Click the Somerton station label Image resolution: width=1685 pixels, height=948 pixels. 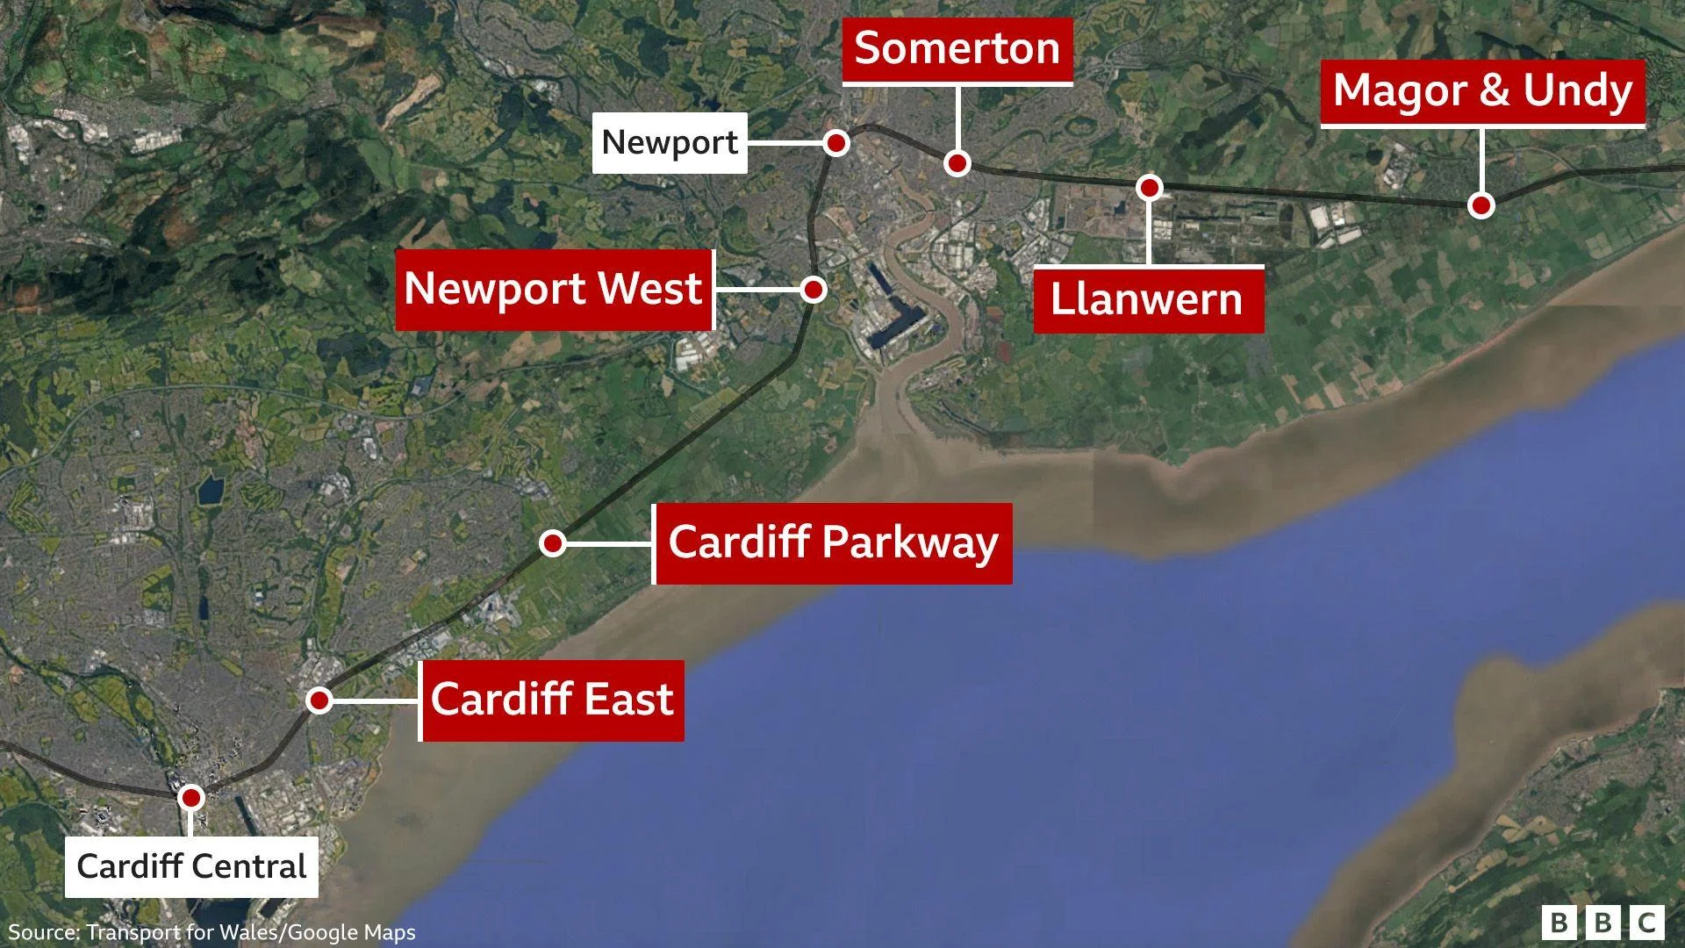pos(957,48)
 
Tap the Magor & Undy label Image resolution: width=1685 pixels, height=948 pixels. pos(1482,90)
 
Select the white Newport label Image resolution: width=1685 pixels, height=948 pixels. pos(670,142)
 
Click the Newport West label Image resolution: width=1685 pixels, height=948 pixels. pos(553,289)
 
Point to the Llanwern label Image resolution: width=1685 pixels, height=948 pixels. pos(1148,300)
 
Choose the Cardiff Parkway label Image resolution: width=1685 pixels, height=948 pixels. pos(833,542)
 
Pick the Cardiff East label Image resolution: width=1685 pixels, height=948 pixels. pos(552,700)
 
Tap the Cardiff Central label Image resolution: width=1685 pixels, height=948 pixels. pos(191,866)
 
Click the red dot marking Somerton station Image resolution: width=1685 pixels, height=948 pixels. pos(957,163)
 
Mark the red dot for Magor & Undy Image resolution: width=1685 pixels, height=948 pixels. pos(1481,205)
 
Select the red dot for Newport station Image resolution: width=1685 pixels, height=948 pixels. pos(836,142)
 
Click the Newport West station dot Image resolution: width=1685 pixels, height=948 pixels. pos(814,289)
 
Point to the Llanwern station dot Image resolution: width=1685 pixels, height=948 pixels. pos(1149,187)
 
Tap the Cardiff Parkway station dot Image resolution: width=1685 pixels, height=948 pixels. pos(552,543)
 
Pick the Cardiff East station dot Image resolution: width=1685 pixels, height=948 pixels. pos(319,700)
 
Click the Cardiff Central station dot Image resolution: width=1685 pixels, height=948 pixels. pos(190,798)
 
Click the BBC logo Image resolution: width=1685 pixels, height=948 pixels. pos(1603,923)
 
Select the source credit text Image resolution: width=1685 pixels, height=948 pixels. pos(212,932)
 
